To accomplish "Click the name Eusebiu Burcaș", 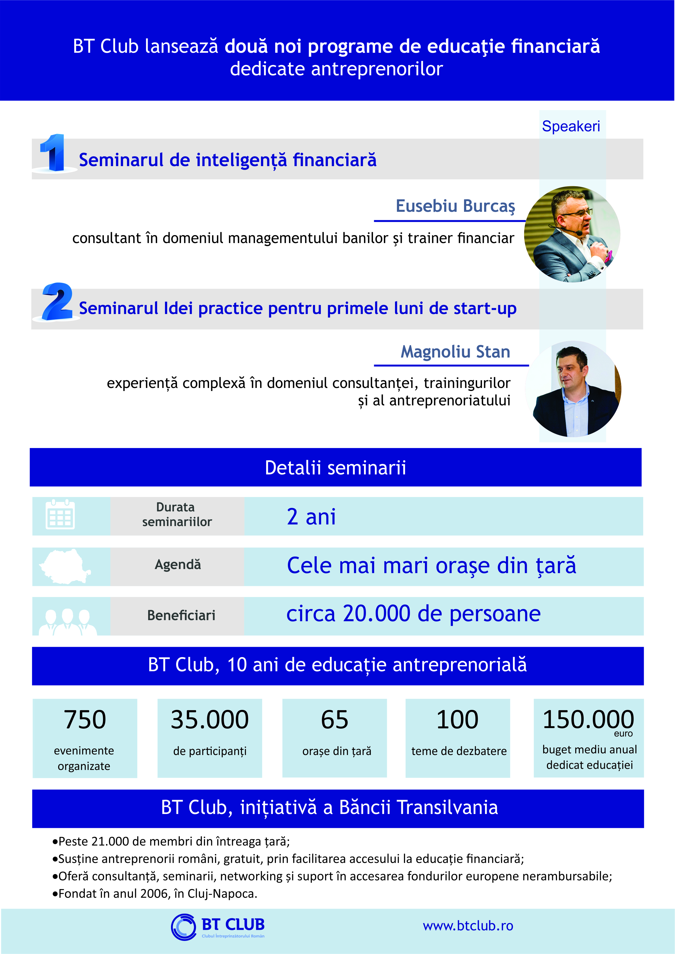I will [455, 206].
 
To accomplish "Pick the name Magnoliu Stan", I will [455, 352].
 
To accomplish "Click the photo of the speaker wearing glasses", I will [572, 234].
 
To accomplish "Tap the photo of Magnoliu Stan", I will [573, 389].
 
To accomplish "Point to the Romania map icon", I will [64, 566].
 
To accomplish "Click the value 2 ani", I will [311, 517].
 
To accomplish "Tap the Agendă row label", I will [178, 564].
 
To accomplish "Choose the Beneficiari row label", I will [181, 615].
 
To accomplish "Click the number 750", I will [85, 720].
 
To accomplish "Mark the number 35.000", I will [210, 720].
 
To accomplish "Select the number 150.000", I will [588, 720].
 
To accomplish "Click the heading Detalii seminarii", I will [335, 468].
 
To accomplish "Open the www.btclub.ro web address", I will [468, 926].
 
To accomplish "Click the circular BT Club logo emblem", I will [183, 927].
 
